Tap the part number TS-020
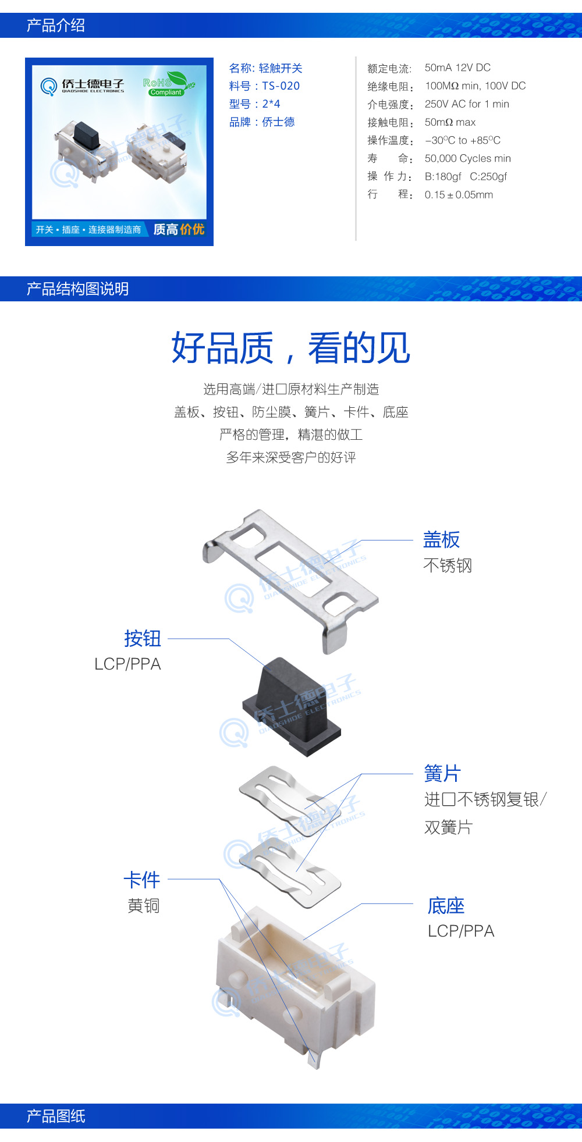point(281,86)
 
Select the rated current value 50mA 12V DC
point(457,67)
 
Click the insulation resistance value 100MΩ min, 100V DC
point(475,86)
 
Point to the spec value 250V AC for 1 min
point(467,104)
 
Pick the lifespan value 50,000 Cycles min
point(467,158)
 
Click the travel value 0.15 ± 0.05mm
point(459,195)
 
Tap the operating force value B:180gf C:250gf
point(466,176)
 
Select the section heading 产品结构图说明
point(77,289)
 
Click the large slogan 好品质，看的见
point(291,348)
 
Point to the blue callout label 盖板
point(441,540)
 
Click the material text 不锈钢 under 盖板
point(448,565)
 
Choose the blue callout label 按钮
point(142,638)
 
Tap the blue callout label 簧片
point(442,774)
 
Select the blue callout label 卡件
point(141,880)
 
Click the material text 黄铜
point(143,906)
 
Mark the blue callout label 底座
point(446,906)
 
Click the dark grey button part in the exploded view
point(291,707)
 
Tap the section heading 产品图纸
point(56,1116)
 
